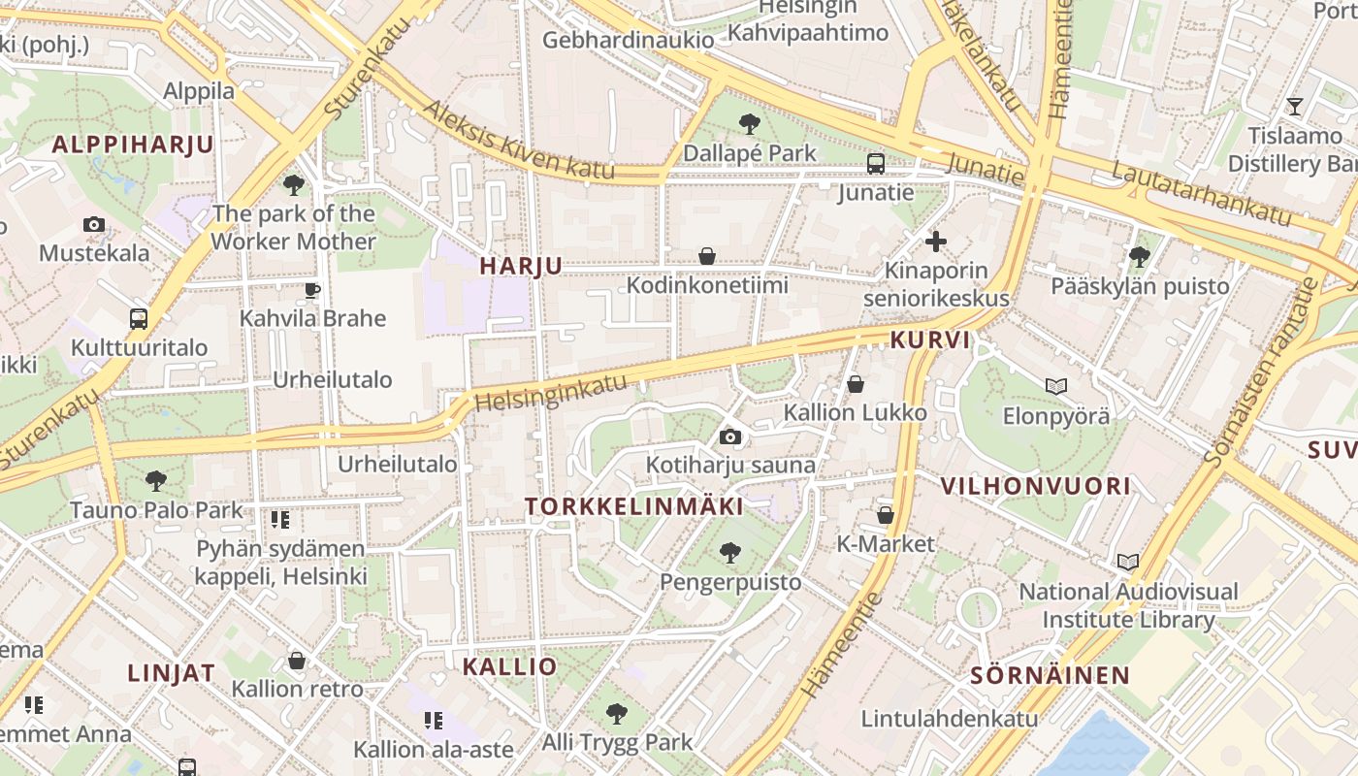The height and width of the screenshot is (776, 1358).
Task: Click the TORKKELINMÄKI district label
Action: click(634, 506)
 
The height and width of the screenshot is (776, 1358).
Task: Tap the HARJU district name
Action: click(521, 267)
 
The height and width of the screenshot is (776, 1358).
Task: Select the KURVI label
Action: click(930, 340)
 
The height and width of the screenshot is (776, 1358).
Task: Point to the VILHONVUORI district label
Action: click(1036, 486)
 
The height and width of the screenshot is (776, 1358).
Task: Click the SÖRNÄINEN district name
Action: click(1051, 676)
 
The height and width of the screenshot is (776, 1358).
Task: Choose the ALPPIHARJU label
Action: click(133, 145)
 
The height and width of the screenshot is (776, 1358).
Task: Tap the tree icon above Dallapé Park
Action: click(749, 123)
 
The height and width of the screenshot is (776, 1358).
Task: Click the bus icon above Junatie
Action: click(876, 163)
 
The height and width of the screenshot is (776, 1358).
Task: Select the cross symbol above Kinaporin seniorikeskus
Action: click(936, 241)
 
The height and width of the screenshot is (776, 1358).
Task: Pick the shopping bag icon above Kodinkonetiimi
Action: click(707, 256)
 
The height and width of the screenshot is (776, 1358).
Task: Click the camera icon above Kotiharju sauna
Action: click(730, 436)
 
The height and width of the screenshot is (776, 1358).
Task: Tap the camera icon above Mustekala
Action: click(94, 225)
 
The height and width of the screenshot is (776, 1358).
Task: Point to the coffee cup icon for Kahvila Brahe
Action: click(312, 289)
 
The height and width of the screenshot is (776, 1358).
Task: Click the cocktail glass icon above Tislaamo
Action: click(1294, 106)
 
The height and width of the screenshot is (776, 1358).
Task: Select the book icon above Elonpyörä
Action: click(1056, 386)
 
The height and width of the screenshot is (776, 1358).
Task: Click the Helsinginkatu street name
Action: click(552, 392)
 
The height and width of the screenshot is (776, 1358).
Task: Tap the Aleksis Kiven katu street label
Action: click(519, 142)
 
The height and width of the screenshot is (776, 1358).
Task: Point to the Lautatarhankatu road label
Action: click(1202, 195)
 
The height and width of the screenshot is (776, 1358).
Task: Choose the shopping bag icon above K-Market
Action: click(885, 515)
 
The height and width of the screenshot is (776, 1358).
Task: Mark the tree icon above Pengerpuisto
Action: click(730, 553)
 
